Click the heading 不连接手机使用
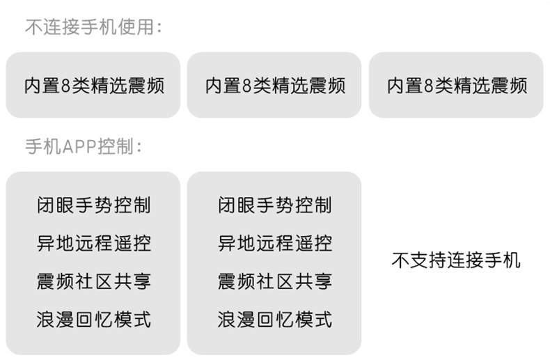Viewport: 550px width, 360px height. click(93, 28)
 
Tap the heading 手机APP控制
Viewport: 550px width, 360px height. click(84, 148)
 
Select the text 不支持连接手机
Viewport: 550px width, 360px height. click(456, 261)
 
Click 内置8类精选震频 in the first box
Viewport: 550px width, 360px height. click(93, 86)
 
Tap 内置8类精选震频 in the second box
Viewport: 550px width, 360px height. click(274, 86)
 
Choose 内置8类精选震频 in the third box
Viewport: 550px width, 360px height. click(456, 86)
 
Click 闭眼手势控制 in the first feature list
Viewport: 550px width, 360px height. click(93, 205)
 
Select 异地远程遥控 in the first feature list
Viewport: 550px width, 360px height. click(93, 244)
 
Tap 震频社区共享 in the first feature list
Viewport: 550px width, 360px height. click(93, 282)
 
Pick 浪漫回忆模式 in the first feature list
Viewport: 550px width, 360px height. click(93, 320)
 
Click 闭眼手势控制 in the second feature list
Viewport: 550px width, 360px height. click(274, 205)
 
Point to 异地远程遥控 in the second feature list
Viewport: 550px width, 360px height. click(274, 244)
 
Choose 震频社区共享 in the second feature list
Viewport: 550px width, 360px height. click(274, 282)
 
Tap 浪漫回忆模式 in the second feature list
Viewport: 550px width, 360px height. click(274, 320)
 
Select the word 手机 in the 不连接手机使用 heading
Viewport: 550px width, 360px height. click(103, 28)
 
